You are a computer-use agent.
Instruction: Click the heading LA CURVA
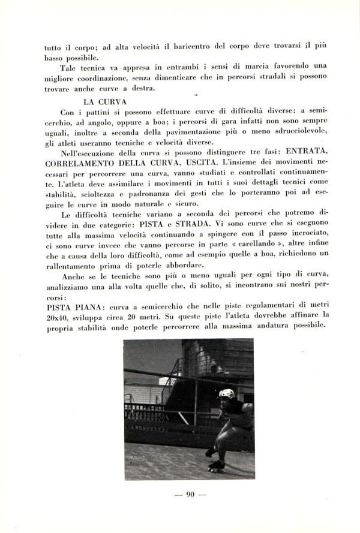click(104, 101)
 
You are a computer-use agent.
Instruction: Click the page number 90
click(188, 495)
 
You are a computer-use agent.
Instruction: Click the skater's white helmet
click(226, 394)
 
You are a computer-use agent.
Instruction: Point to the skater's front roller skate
click(216, 467)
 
